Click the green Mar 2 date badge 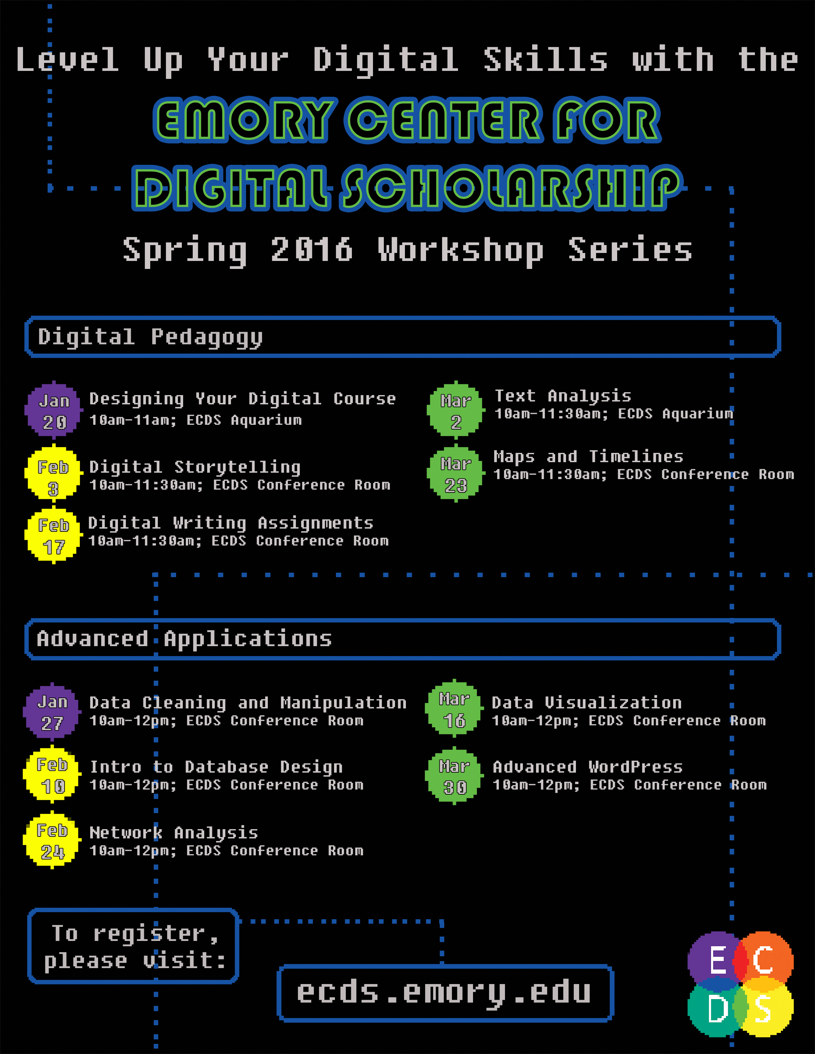[455, 411]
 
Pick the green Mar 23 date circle [455, 473]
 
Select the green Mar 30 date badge [454, 775]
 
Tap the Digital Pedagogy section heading [150, 337]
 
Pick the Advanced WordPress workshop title [587, 766]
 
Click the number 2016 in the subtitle [311, 249]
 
